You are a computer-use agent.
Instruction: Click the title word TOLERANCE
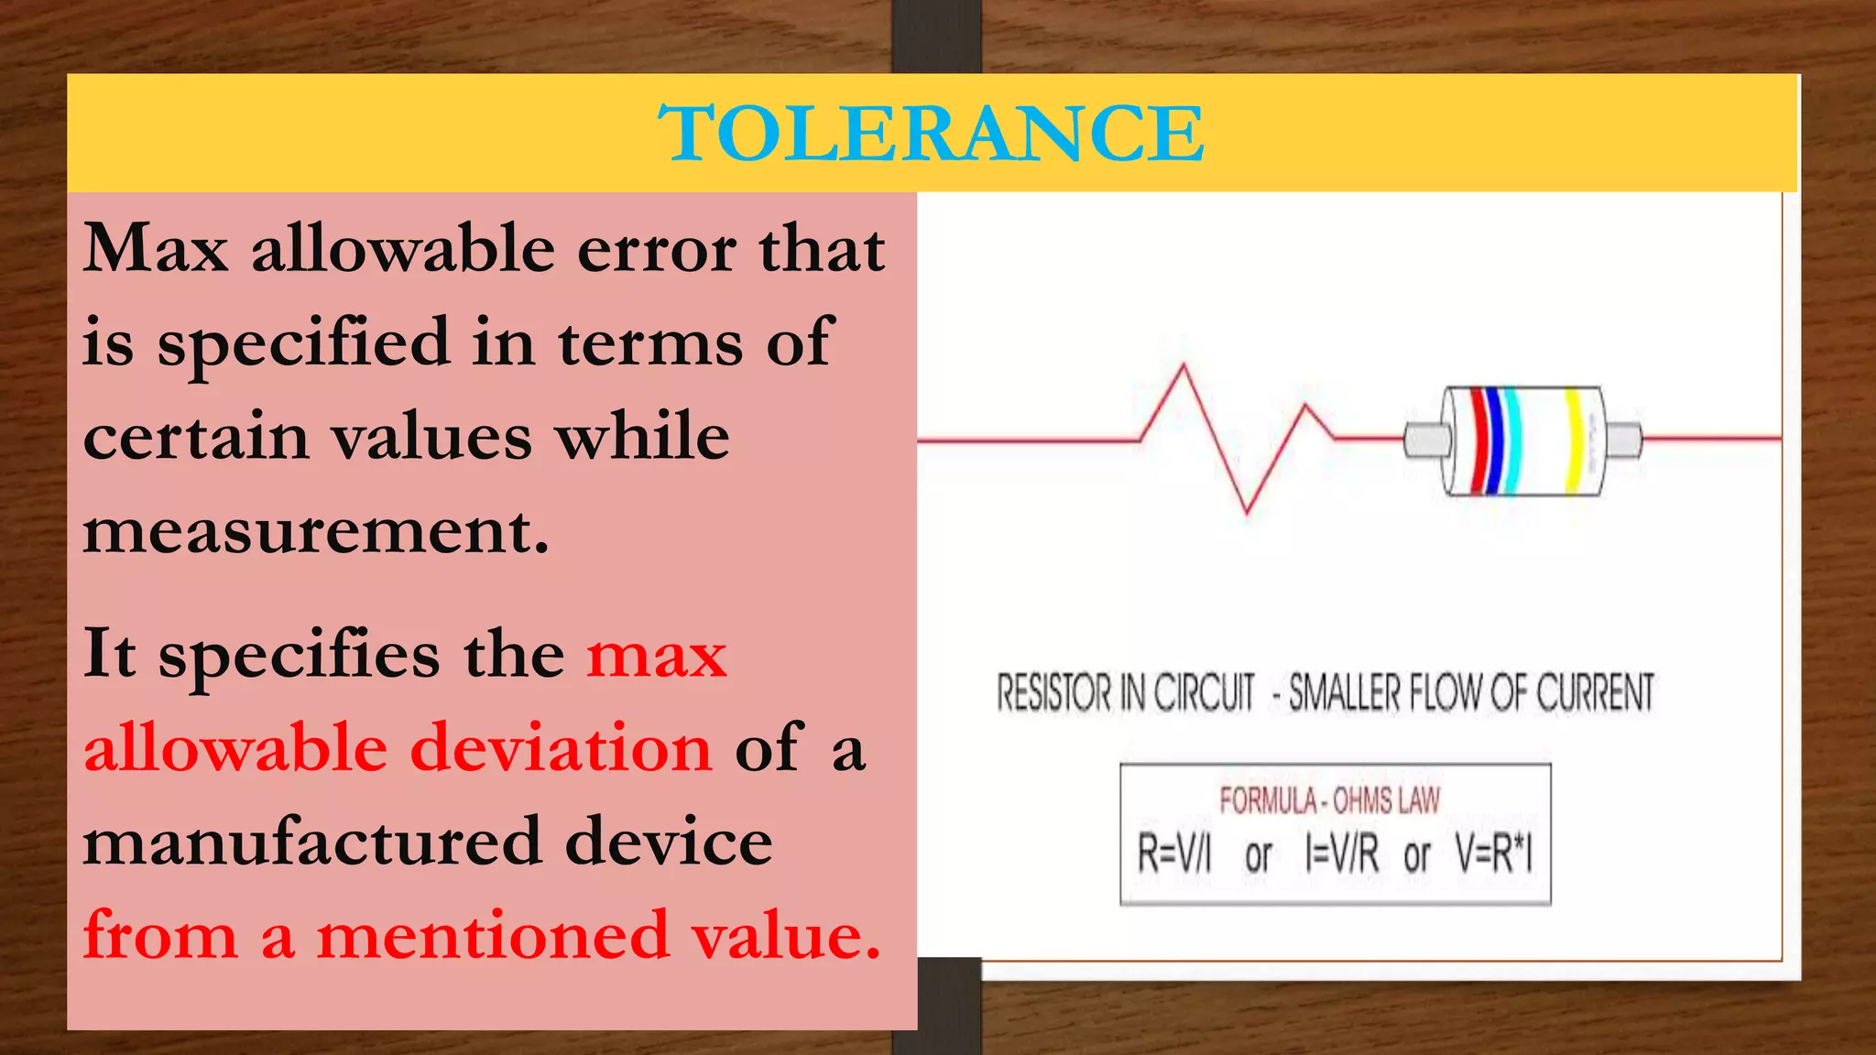tap(931, 134)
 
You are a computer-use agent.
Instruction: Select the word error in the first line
tap(656, 249)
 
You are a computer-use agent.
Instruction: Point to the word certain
tap(196, 438)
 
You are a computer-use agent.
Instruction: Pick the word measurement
tap(316, 531)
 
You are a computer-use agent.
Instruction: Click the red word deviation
tap(561, 748)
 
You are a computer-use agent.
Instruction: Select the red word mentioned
tap(493, 936)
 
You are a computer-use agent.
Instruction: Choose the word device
tap(669, 843)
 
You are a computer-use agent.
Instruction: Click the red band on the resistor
tap(1478, 441)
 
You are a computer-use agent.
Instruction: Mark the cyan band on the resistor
tap(1513, 441)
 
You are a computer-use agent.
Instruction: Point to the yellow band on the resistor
tap(1574, 441)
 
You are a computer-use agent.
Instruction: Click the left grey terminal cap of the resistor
tap(1425, 440)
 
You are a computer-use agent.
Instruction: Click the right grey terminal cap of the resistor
tap(1624, 440)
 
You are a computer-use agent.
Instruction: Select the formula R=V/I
tap(1174, 854)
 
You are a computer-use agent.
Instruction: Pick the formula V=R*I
tap(1494, 854)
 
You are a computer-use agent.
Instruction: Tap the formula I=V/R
tap(1341, 854)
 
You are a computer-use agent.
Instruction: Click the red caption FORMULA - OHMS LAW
tap(1329, 801)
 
